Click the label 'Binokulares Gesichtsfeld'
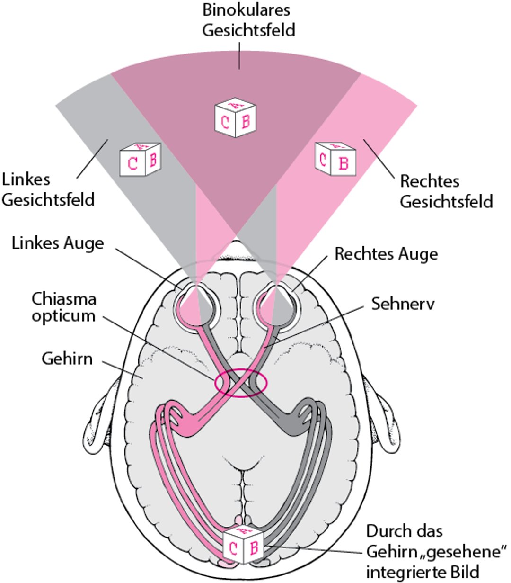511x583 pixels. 248,20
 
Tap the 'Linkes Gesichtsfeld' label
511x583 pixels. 48,189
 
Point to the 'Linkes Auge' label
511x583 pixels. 57,243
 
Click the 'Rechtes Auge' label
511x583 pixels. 386,254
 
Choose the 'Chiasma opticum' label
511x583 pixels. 64,307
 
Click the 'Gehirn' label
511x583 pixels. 67,359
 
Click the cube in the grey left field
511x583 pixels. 140,160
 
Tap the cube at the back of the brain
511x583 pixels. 243,546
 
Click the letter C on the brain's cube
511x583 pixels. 233,549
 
